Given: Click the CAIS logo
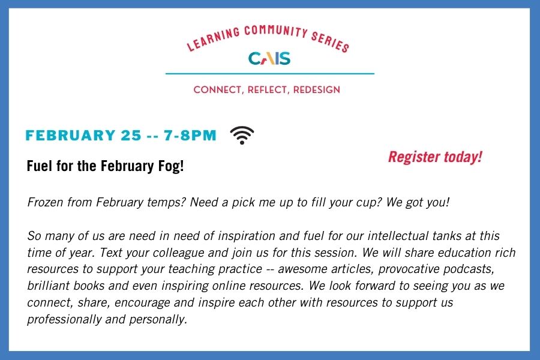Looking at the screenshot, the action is tap(269, 58).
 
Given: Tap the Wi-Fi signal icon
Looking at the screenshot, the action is tap(242, 135).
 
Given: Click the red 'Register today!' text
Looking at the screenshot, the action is tap(435, 157).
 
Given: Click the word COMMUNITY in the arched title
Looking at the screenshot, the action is tap(275, 31).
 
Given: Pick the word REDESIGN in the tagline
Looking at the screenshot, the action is tap(316, 90).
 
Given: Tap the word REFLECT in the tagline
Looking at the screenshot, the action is tap(268, 90).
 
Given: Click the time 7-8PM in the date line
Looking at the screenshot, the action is tap(190, 135).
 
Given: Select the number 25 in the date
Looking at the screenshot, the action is tap(131, 135).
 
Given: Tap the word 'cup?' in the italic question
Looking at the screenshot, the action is tap(370, 202).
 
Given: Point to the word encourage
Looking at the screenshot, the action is tap(142, 302).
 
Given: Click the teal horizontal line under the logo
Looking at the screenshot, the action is tap(269, 73).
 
